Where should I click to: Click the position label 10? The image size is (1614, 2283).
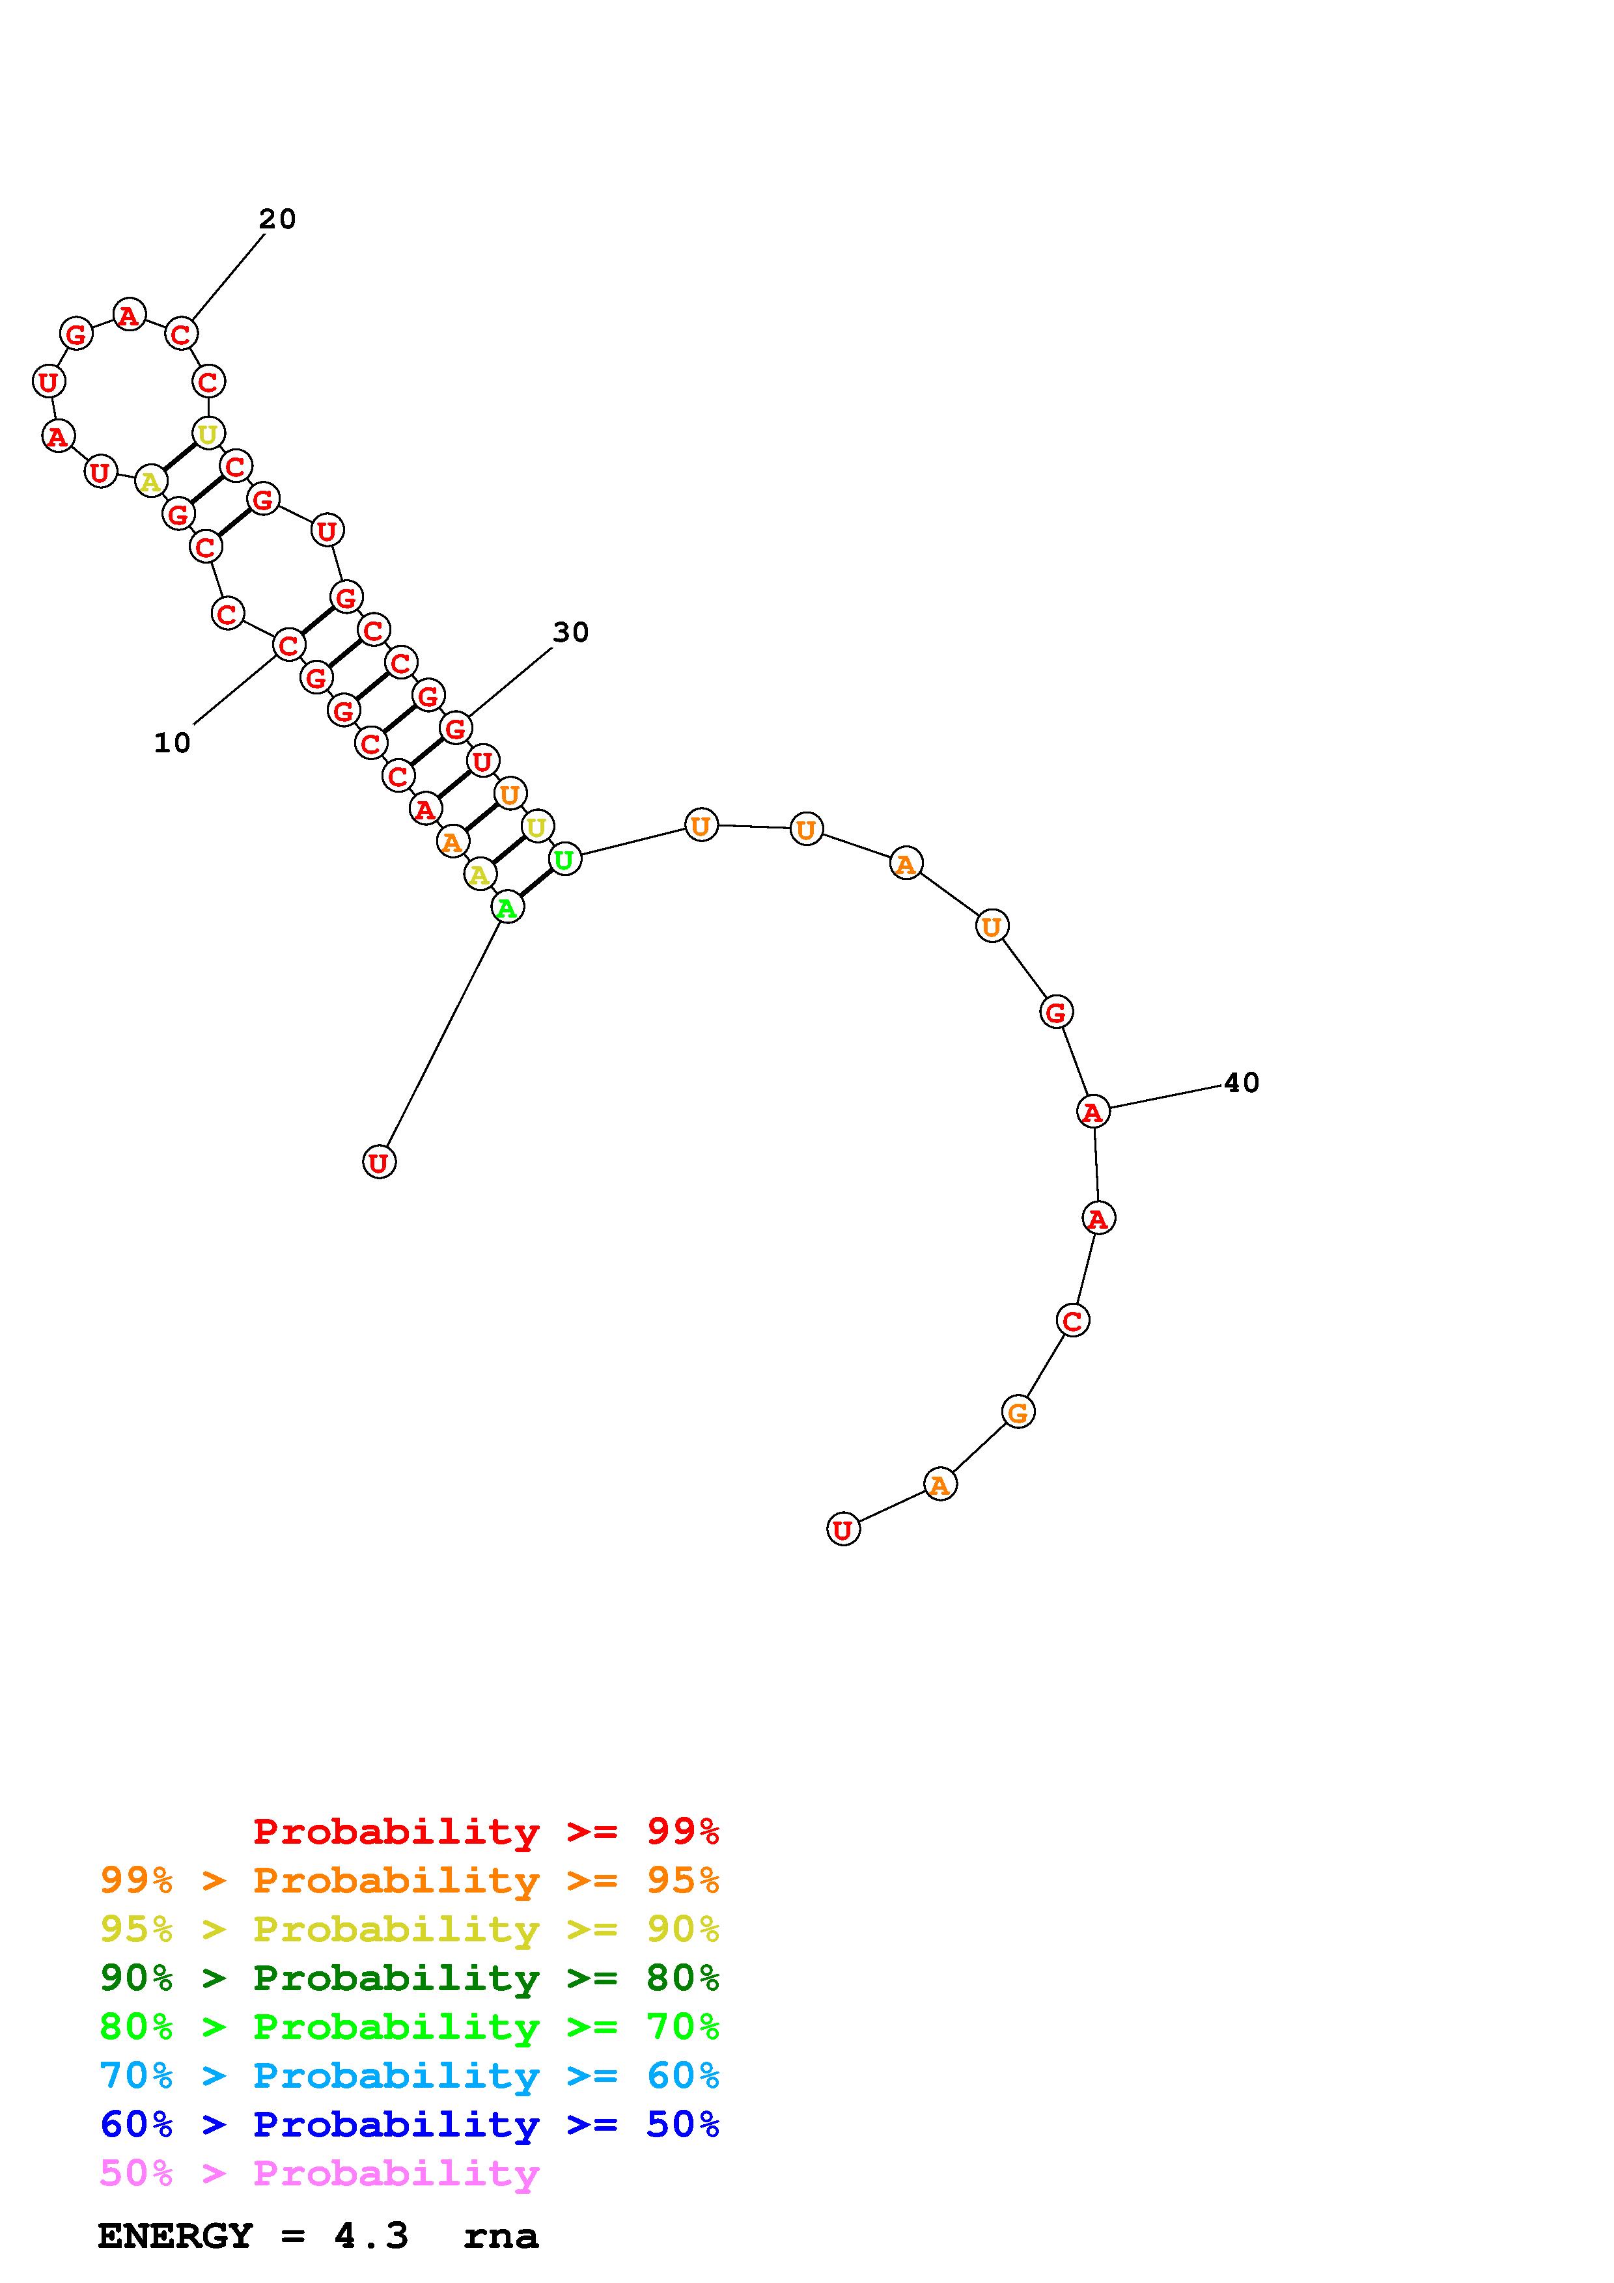tap(172, 743)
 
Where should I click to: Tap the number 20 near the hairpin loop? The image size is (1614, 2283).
tap(277, 219)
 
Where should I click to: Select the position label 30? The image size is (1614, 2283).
tap(571, 633)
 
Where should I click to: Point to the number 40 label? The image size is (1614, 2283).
tap(1241, 1083)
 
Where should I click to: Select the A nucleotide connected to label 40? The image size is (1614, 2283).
tap(1093, 1112)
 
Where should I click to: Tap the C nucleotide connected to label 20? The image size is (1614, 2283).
tap(180, 334)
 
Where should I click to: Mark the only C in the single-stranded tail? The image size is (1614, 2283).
tap(1072, 1320)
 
